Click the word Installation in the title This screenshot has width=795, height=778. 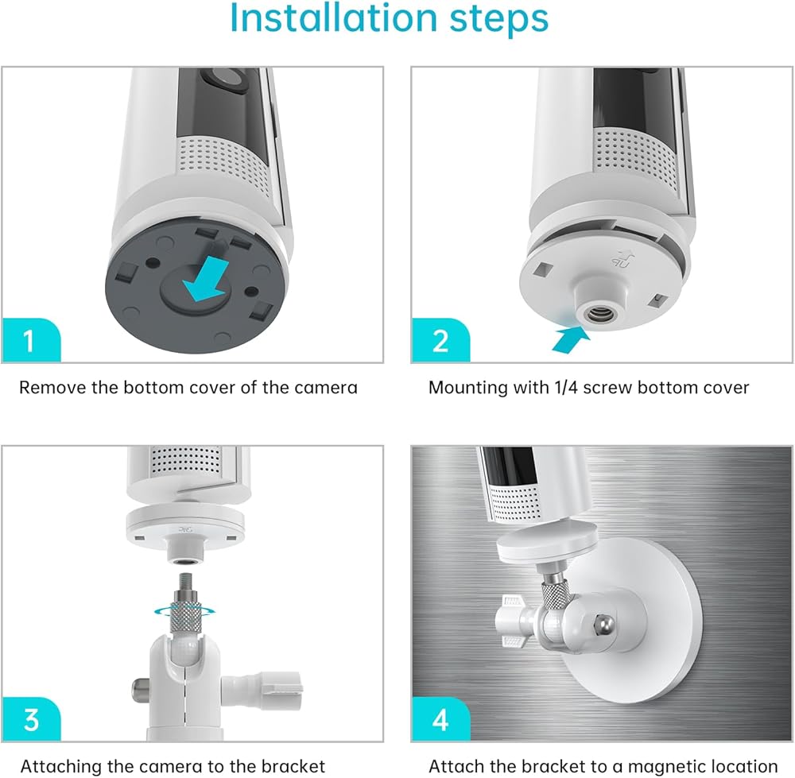(x=334, y=18)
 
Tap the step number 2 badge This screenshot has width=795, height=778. (x=440, y=339)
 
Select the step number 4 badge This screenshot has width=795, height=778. (x=440, y=718)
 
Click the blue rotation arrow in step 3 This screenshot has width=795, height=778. (x=184, y=610)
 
